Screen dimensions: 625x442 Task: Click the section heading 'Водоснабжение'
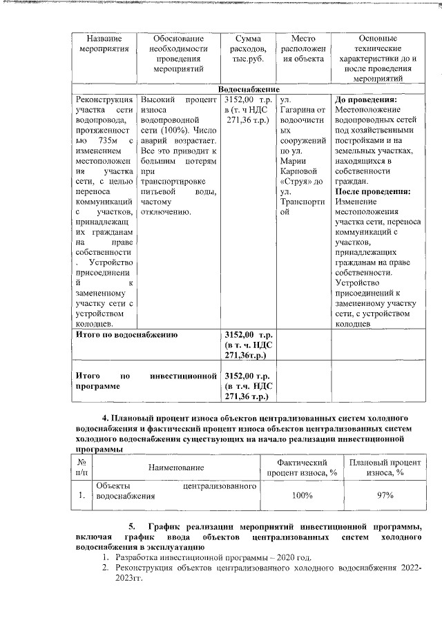[248, 90]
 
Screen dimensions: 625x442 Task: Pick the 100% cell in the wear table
[301, 495]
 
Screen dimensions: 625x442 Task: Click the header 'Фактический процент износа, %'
[301, 468]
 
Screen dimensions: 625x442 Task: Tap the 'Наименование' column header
[174, 468]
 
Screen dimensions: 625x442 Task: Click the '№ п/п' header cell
[82, 468]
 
